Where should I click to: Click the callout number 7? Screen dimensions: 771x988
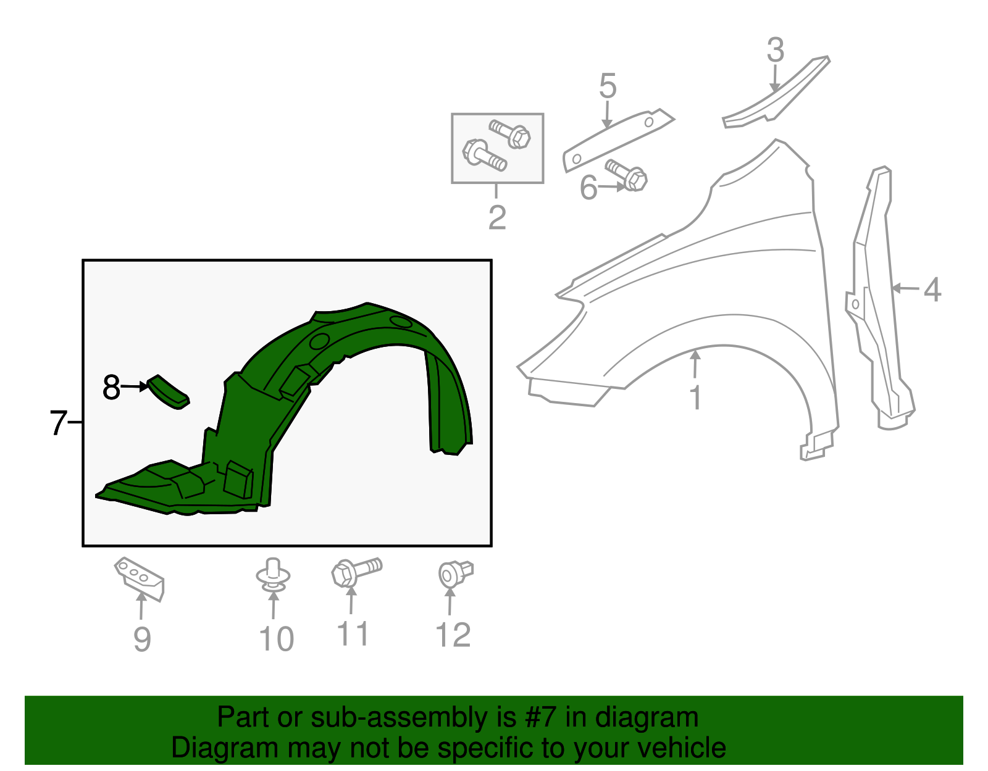[x=58, y=423]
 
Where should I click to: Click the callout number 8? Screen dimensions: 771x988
[x=111, y=388]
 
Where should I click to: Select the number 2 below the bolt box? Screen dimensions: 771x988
[x=497, y=217]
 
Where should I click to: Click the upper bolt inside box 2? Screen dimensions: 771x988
[x=510, y=133]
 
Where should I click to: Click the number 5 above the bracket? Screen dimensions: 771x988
[x=608, y=86]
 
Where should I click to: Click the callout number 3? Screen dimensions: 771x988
[x=776, y=51]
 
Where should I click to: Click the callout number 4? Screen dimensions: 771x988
[x=932, y=290]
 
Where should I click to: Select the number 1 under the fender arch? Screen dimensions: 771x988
[x=695, y=398]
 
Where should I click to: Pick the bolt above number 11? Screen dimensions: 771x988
[x=356, y=572]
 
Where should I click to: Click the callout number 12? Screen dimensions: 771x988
[x=453, y=636]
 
